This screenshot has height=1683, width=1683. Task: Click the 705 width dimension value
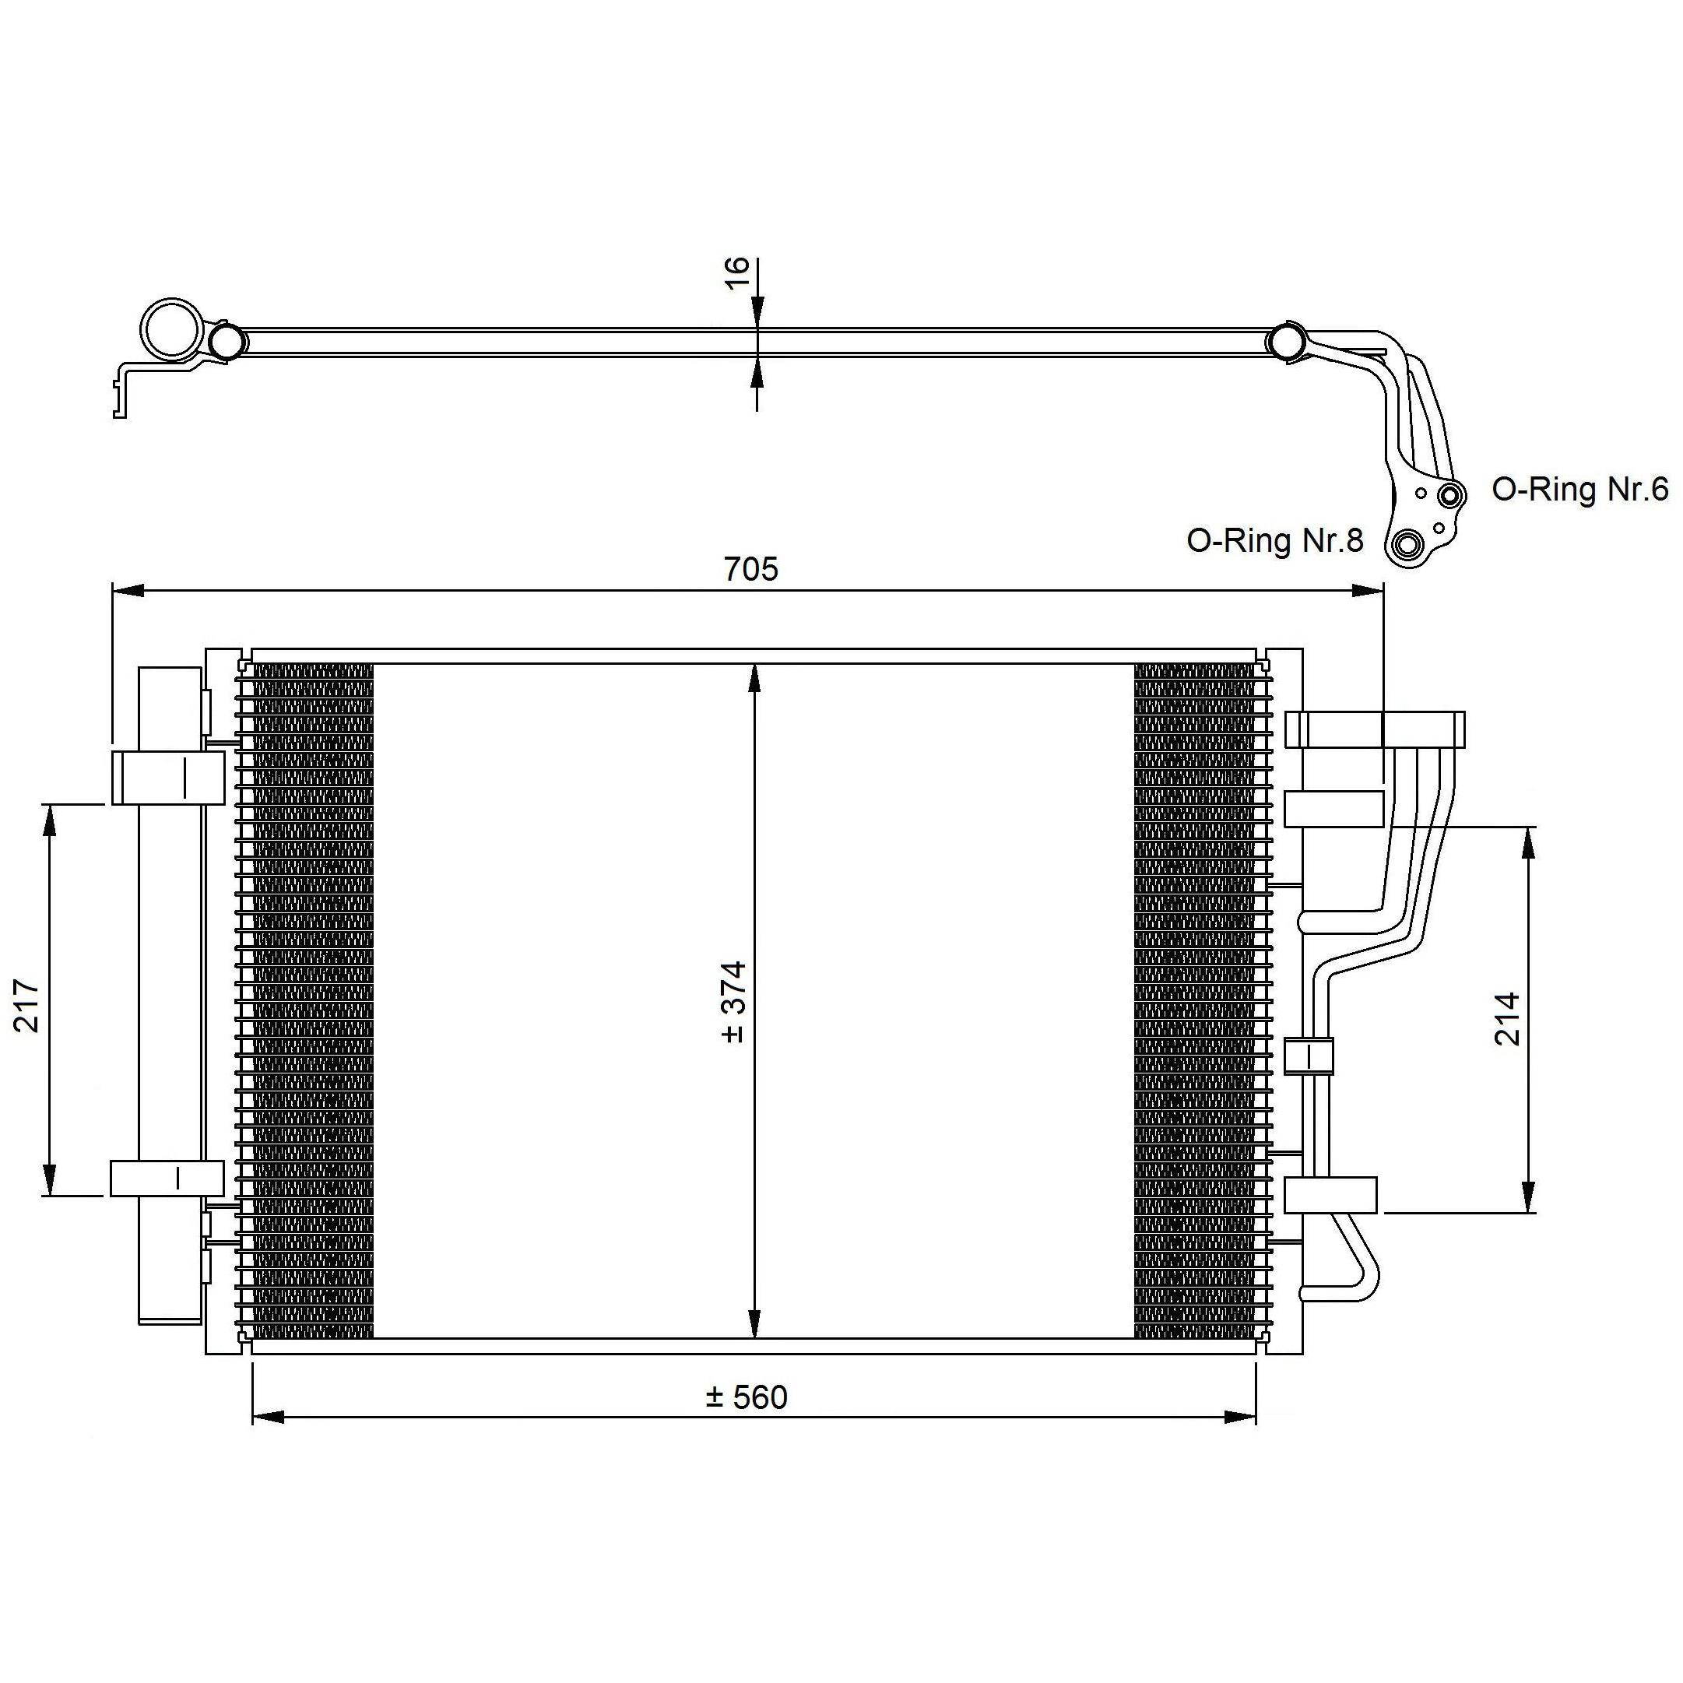point(750,569)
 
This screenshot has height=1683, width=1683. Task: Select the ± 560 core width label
point(747,1397)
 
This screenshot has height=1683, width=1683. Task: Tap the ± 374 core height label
point(733,1001)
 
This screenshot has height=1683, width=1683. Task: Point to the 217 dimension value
point(27,1005)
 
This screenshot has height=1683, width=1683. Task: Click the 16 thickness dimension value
point(737,272)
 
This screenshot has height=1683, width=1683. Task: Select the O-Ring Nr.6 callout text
point(1579,490)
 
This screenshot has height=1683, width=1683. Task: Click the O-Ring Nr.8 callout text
point(1274,541)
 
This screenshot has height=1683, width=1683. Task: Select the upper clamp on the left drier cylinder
point(167,777)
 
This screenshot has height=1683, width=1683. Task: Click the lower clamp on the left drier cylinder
point(167,1178)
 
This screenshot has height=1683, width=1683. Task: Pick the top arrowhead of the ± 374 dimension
point(755,679)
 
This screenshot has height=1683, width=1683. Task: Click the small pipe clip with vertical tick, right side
point(1309,1056)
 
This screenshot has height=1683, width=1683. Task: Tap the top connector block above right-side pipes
point(1375,729)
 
